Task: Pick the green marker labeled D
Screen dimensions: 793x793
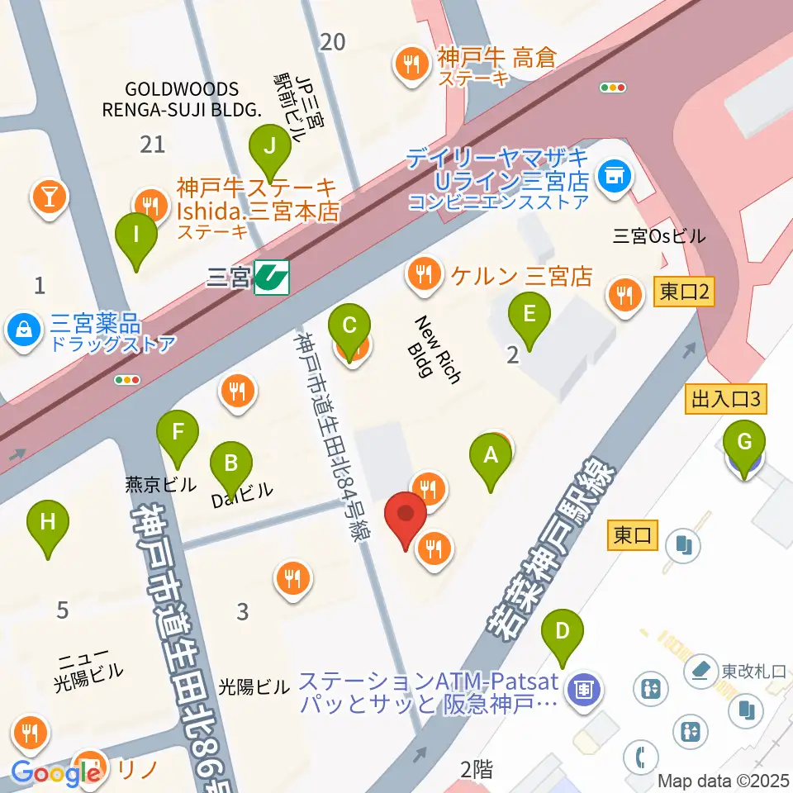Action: click(563, 634)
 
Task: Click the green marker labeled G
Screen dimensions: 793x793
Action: click(744, 446)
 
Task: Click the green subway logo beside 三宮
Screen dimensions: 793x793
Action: click(271, 277)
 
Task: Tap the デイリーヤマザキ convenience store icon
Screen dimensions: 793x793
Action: click(613, 174)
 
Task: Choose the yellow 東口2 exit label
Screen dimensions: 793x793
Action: click(682, 291)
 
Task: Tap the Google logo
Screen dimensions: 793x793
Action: click(56, 773)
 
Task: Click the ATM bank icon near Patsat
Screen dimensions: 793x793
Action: click(585, 687)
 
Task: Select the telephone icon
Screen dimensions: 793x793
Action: click(640, 754)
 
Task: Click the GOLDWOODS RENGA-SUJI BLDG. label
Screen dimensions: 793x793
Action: click(182, 99)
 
